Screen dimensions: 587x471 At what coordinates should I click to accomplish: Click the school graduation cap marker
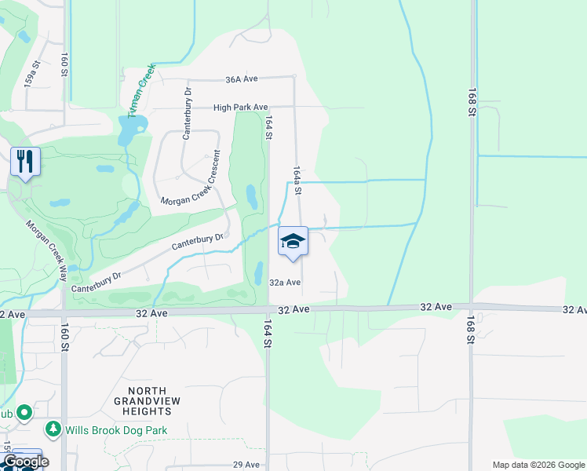click(x=293, y=241)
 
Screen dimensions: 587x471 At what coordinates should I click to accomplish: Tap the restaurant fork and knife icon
click(x=25, y=162)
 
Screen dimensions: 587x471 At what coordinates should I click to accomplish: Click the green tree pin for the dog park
click(x=53, y=429)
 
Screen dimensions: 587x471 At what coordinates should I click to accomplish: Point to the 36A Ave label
click(x=241, y=80)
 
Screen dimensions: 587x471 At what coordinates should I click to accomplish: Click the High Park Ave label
click(x=241, y=108)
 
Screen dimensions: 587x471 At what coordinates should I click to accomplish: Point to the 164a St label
click(x=297, y=180)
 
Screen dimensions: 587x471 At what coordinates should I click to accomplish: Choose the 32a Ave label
click(x=285, y=283)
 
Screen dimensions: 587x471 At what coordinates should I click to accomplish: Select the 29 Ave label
click(x=246, y=465)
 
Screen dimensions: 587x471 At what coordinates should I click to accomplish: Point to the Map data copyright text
click(x=538, y=465)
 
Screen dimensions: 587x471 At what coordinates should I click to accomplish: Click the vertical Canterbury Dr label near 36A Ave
click(x=187, y=114)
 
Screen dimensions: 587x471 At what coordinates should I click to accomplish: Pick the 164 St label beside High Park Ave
click(x=268, y=128)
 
